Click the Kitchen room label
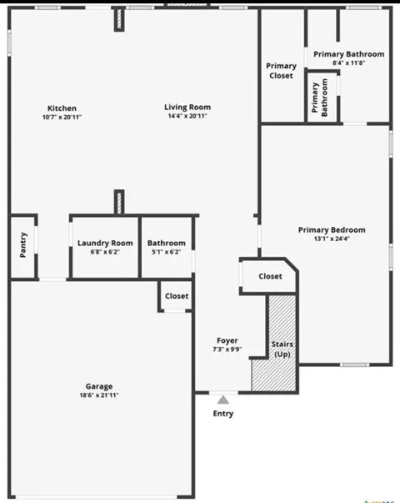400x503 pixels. point(62,108)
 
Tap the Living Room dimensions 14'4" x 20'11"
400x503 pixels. point(187,116)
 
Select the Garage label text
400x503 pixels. point(99,386)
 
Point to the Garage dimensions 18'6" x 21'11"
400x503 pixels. point(99,395)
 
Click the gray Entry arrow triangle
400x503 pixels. point(223,400)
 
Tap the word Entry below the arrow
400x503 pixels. point(223,414)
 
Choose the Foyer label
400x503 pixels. point(227,340)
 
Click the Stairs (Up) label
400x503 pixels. point(282,349)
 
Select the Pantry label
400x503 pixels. point(23,244)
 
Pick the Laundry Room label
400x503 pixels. point(105,244)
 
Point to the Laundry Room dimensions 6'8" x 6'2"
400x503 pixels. point(105,252)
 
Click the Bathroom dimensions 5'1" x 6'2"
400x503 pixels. point(167,252)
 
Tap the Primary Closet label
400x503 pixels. point(281,71)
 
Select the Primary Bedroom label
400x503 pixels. point(332,229)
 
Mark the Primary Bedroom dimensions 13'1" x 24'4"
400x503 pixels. point(332,239)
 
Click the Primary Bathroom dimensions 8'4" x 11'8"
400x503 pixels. point(348,63)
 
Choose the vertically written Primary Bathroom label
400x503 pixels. point(319,98)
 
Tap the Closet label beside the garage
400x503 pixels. point(177,296)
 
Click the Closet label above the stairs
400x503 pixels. point(270,276)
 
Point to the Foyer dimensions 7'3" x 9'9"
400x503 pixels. point(227,350)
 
